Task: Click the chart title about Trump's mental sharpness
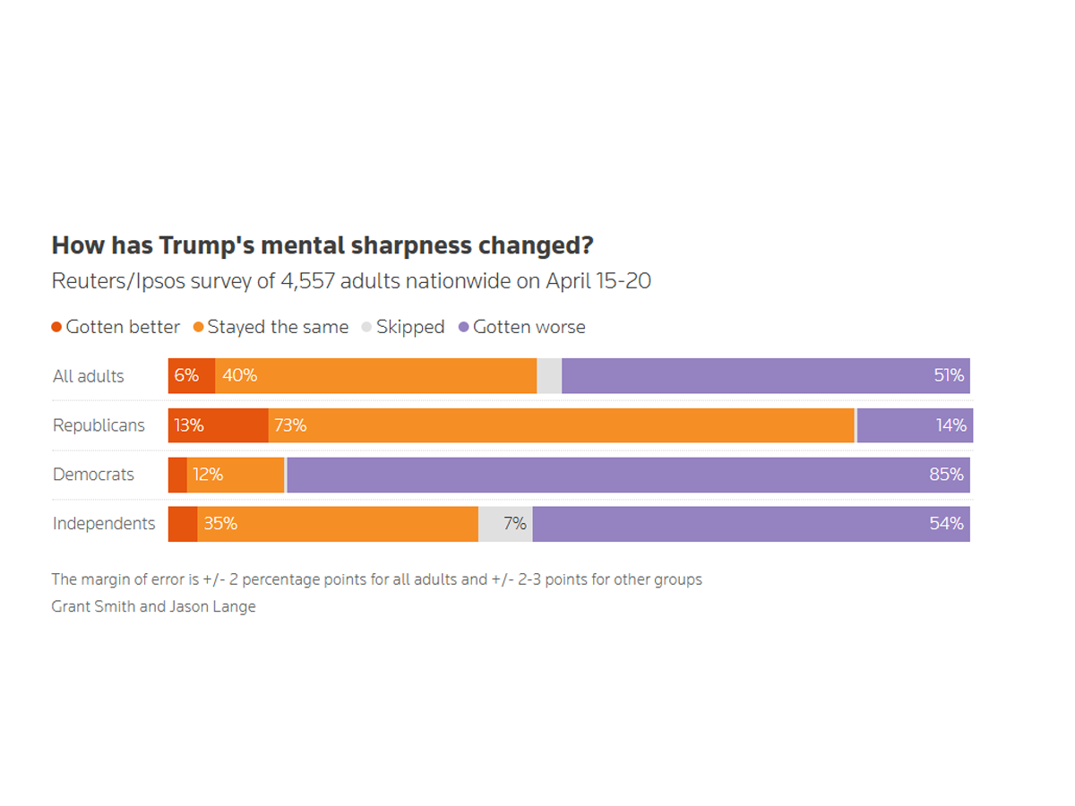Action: coord(322,245)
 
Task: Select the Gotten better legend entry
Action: coord(116,327)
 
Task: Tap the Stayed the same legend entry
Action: coord(271,327)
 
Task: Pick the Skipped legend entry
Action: coord(403,327)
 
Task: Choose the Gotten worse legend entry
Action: coord(522,327)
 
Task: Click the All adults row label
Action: coord(89,376)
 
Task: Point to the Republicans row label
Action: coord(99,425)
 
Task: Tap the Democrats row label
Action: coord(93,475)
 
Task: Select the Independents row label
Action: coord(104,524)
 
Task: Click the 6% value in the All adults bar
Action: coord(186,376)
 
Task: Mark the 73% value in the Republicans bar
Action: coord(290,425)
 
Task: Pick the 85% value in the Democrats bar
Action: coord(946,475)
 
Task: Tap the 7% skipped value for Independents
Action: coord(514,524)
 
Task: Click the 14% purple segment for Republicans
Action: coord(914,425)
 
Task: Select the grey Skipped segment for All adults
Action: coord(549,376)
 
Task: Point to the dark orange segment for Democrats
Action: coord(177,475)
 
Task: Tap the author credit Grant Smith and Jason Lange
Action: coord(153,606)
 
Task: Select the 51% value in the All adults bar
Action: coord(949,376)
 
